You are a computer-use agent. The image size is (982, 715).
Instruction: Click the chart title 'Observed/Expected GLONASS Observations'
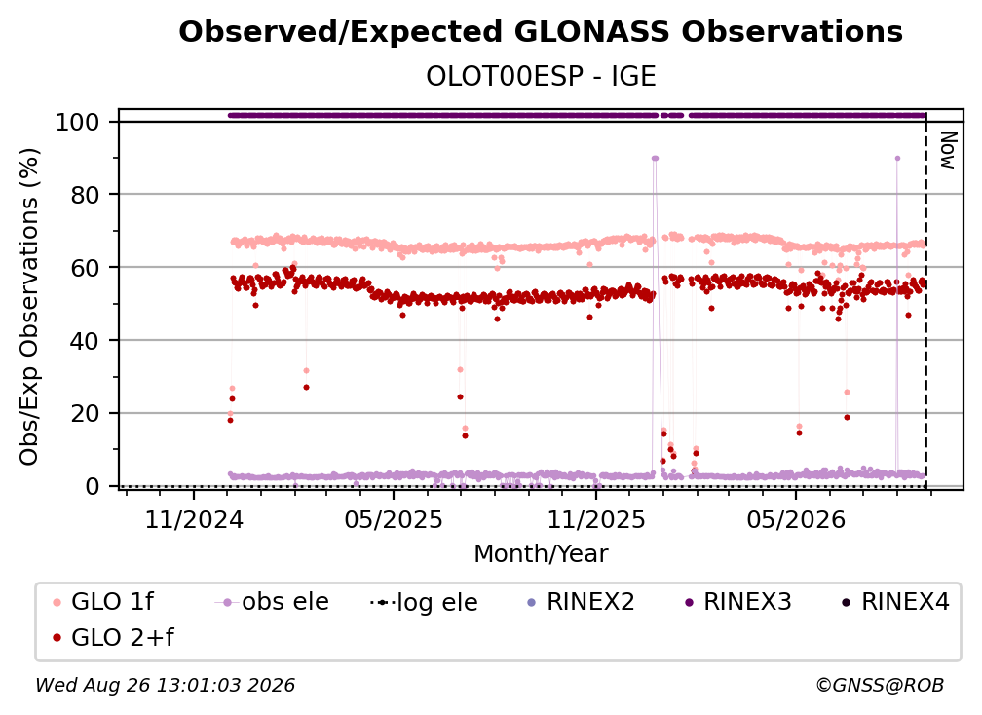[541, 32]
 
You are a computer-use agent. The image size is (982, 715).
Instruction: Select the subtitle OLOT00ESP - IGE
[541, 76]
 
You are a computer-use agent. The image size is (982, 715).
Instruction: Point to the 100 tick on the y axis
[78, 122]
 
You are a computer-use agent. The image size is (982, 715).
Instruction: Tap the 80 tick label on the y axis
[85, 196]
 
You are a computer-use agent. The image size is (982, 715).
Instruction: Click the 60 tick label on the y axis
[85, 268]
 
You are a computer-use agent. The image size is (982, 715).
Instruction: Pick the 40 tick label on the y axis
[85, 341]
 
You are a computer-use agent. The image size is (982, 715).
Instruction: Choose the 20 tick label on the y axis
[85, 414]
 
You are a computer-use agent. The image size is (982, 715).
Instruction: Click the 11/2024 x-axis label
[194, 519]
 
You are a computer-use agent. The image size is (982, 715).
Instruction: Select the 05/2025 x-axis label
[394, 519]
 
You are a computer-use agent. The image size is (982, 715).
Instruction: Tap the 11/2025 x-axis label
[596, 519]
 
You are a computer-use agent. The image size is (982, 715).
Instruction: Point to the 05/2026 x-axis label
[796, 519]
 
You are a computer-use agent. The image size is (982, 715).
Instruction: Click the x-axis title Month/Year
[541, 554]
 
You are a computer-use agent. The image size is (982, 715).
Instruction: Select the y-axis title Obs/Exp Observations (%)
[29, 307]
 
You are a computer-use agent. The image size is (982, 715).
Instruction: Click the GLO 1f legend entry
[103, 602]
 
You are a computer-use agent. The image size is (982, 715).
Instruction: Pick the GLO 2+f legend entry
[113, 637]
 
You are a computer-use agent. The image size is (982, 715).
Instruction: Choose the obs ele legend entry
[272, 602]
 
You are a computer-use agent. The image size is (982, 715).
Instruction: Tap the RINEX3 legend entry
[738, 602]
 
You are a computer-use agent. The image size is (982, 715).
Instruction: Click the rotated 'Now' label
[948, 150]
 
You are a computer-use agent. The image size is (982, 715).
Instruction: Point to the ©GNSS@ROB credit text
[880, 685]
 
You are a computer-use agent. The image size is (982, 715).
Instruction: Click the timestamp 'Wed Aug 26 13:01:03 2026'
[166, 685]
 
